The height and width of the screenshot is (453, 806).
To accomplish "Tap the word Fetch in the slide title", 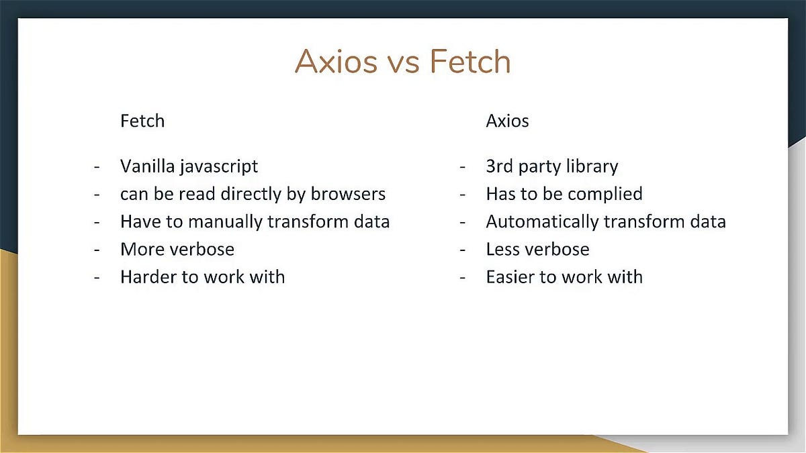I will (470, 62).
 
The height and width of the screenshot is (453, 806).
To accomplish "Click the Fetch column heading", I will (142, 121).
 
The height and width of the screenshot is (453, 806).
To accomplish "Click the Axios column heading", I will (507, 121).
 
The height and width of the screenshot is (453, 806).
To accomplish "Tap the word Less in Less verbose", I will (500, 250).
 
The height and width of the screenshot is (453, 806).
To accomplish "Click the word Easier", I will (509, 277).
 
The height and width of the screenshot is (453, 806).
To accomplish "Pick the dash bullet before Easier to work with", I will (463, 277).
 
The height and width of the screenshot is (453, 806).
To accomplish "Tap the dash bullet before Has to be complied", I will (463, 195).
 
